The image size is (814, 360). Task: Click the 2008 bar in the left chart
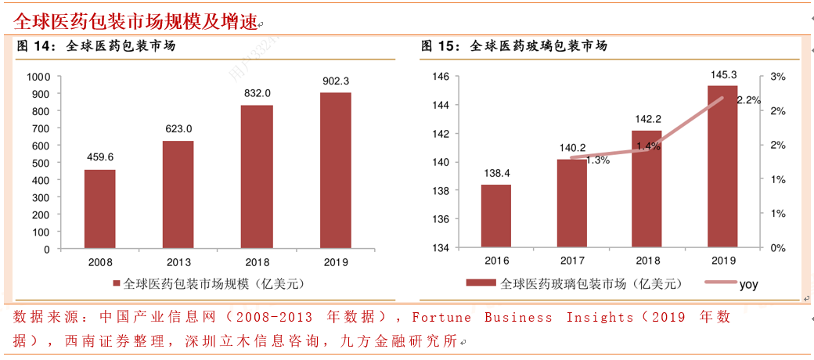tap(99, 209)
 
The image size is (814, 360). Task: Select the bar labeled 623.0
tap(178, 195)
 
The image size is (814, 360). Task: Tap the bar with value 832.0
tap(257, 177)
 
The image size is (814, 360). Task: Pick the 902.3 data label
tap(336, 81)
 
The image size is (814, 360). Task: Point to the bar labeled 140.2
tap(571, 203)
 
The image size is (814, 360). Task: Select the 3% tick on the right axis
tap(777, 77)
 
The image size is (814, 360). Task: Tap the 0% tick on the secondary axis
tap(777, 248)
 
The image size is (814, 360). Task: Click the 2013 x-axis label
tap(178, 262)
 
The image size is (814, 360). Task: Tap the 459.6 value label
tap(99, 157)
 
